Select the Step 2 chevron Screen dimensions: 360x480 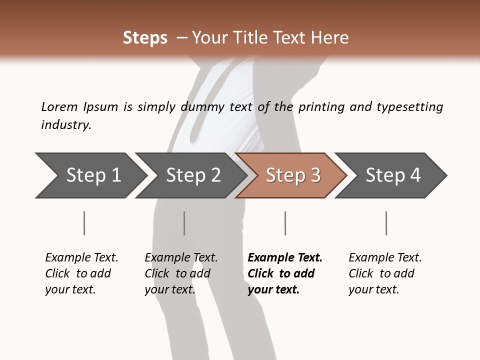(x=192, y=175)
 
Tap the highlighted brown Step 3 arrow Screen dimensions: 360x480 (x=292, y=175)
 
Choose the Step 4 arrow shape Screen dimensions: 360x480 (x=392, y=175)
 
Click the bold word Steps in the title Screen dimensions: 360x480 (x=145, y=38)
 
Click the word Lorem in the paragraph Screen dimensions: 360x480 (x=59, y=106)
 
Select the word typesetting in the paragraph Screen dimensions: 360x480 (x=409, y=106)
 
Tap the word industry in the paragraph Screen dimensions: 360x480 (x=66, y=124)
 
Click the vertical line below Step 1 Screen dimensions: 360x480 (x=84, y=223)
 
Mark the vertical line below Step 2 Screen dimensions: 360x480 (x=184, y=223)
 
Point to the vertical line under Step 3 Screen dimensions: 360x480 (x=285, y=223)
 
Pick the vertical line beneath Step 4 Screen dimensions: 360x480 (x=386, y=223)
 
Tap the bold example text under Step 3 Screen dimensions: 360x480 (x=284, y=273)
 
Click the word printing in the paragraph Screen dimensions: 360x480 (x=320, y=106)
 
